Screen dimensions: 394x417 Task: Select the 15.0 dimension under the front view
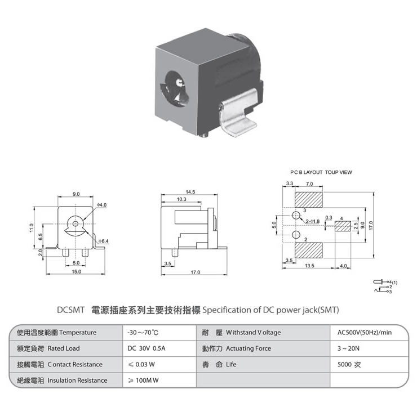pyautogui.click(x=76, y=272)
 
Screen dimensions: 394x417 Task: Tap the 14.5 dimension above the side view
pyautogui.click(x=189, y=192)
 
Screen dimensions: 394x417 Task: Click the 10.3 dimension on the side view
pyautogui.click(x=181, y=200)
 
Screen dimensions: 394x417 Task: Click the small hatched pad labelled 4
pyautogui.click(x=343, y=227)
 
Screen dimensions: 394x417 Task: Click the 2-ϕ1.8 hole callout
pyautogui.click(x=313, y=221)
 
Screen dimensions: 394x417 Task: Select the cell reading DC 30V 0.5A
pyautogui.click(x=147, y=348)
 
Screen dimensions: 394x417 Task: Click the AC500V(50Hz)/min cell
pyautogui.click(x=364, y=333)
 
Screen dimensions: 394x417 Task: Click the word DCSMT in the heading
pyautogui.click(x=71, y=310)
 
